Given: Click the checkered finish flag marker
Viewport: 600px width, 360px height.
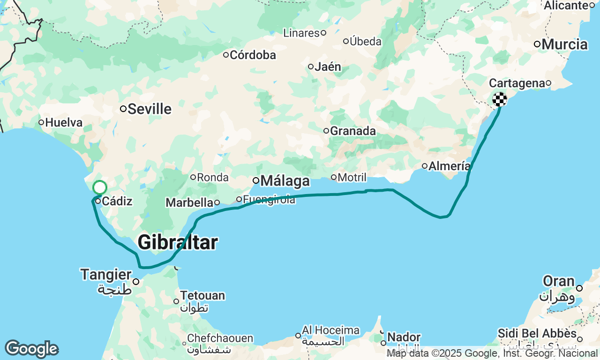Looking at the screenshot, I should [x=500, y=99].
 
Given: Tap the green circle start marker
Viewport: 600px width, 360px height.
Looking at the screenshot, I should [x=100, y=187].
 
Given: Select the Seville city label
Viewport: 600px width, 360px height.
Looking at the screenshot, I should [x=150, y=109].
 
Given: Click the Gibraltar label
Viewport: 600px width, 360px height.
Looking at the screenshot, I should [x=178, y=243].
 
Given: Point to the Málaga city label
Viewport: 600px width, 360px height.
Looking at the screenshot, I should [x=285, y=181].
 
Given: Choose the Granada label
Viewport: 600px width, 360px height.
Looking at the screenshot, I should [x=352, y=131].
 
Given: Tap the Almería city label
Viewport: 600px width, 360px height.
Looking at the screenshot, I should [x=449, y=166].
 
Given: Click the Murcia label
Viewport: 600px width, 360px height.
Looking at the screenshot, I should [x=564, y=45].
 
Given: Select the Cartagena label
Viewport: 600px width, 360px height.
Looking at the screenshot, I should [x=517, y=83].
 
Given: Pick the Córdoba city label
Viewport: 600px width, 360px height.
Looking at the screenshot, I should [x=253, y=55].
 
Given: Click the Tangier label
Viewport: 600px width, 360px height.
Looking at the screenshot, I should [x=106, y=275].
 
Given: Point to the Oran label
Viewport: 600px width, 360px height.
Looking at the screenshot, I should [x=559, y=281].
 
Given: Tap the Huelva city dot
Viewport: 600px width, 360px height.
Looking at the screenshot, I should [x=41, y=123].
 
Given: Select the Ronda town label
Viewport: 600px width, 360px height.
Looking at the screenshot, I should [x=212, y=178].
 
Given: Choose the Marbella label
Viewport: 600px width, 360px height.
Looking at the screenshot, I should [x=189, y=203].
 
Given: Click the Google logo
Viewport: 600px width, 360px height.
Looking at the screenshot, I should [x=31, y=349].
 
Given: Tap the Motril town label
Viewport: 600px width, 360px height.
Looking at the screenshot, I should [x=352, y=177].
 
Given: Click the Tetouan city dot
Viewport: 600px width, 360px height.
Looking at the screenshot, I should [x=176, y=301].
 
